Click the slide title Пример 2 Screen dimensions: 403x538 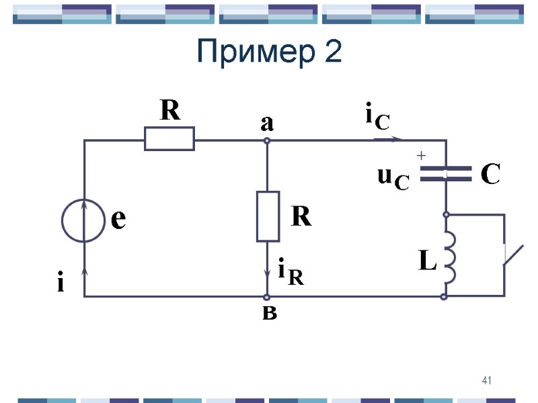[x=269, y=52]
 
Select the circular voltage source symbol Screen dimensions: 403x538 [x=83, y=220]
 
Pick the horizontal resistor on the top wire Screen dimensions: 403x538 [x=169, y=139]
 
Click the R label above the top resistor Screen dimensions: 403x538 [x=169, y=111]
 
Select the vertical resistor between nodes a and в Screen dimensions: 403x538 [x=268, y=216]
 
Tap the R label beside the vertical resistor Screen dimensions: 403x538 [x=301, y=217]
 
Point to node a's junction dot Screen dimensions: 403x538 [x=267, y=140]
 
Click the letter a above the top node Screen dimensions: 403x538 [x=267, y=124]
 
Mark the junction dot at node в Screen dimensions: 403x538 [x=267, y=296]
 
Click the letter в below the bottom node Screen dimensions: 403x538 [x=268, y=313]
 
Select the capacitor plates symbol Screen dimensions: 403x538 [x=445, y=173]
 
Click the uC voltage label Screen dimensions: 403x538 [x=393, y=178]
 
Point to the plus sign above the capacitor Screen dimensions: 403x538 [x=422, y=156]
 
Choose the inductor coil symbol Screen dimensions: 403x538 [x=449, y=256]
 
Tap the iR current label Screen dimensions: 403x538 [x=290, y=272]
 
